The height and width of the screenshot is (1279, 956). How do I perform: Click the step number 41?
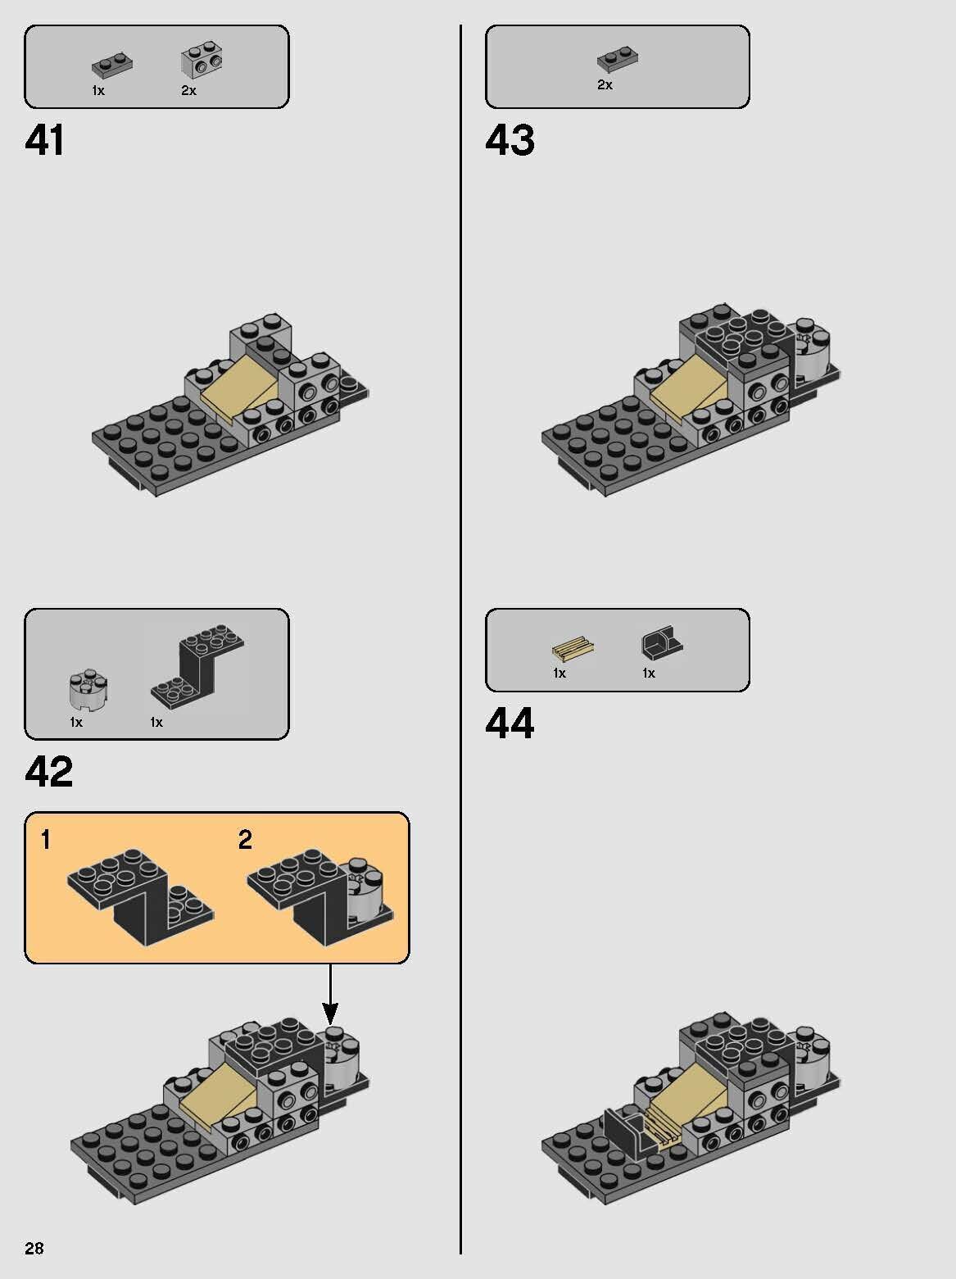coord(45,140)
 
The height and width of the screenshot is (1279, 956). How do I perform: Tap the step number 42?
coord(49,771)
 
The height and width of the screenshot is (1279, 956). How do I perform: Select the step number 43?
coord(510,140)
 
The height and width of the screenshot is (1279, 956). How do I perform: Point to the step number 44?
coord(510,723)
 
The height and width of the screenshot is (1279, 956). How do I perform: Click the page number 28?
coord(34,1248)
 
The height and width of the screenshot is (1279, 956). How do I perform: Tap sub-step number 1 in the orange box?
coord(46,840)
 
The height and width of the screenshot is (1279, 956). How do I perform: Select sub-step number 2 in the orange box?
coord(245,840)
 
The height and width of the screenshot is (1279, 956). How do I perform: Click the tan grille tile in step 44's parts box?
coord(573,651)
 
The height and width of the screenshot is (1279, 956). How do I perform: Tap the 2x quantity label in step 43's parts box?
coord(605,85)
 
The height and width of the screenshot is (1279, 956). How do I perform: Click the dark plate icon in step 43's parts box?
coord(618,60)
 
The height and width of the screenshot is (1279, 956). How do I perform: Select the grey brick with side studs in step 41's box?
coord(202,61)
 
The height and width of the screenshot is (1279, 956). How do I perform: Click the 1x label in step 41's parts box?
coord(98,91)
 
